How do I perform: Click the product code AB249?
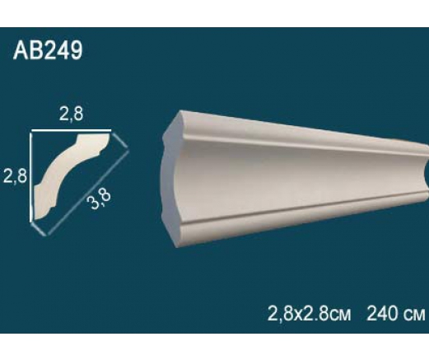pos(48,50)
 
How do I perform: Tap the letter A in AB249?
pos(21,50)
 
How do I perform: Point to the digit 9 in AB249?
pos(75,50)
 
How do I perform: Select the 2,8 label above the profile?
pos(71,115)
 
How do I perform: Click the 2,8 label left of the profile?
pos(15,175)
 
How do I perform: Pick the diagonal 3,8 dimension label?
pos(99,199)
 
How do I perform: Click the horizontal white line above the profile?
pos(71,130)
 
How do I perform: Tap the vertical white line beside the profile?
pos(31,176)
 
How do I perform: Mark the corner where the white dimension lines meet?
pos(31,131)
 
